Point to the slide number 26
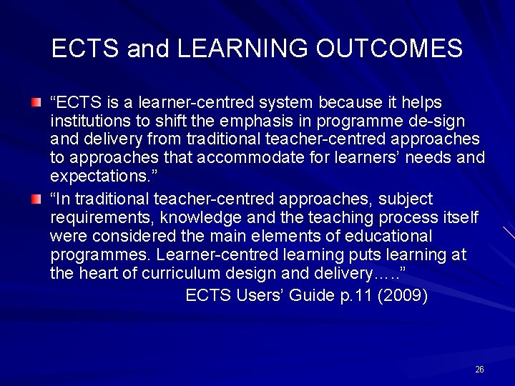coord(479,369)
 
